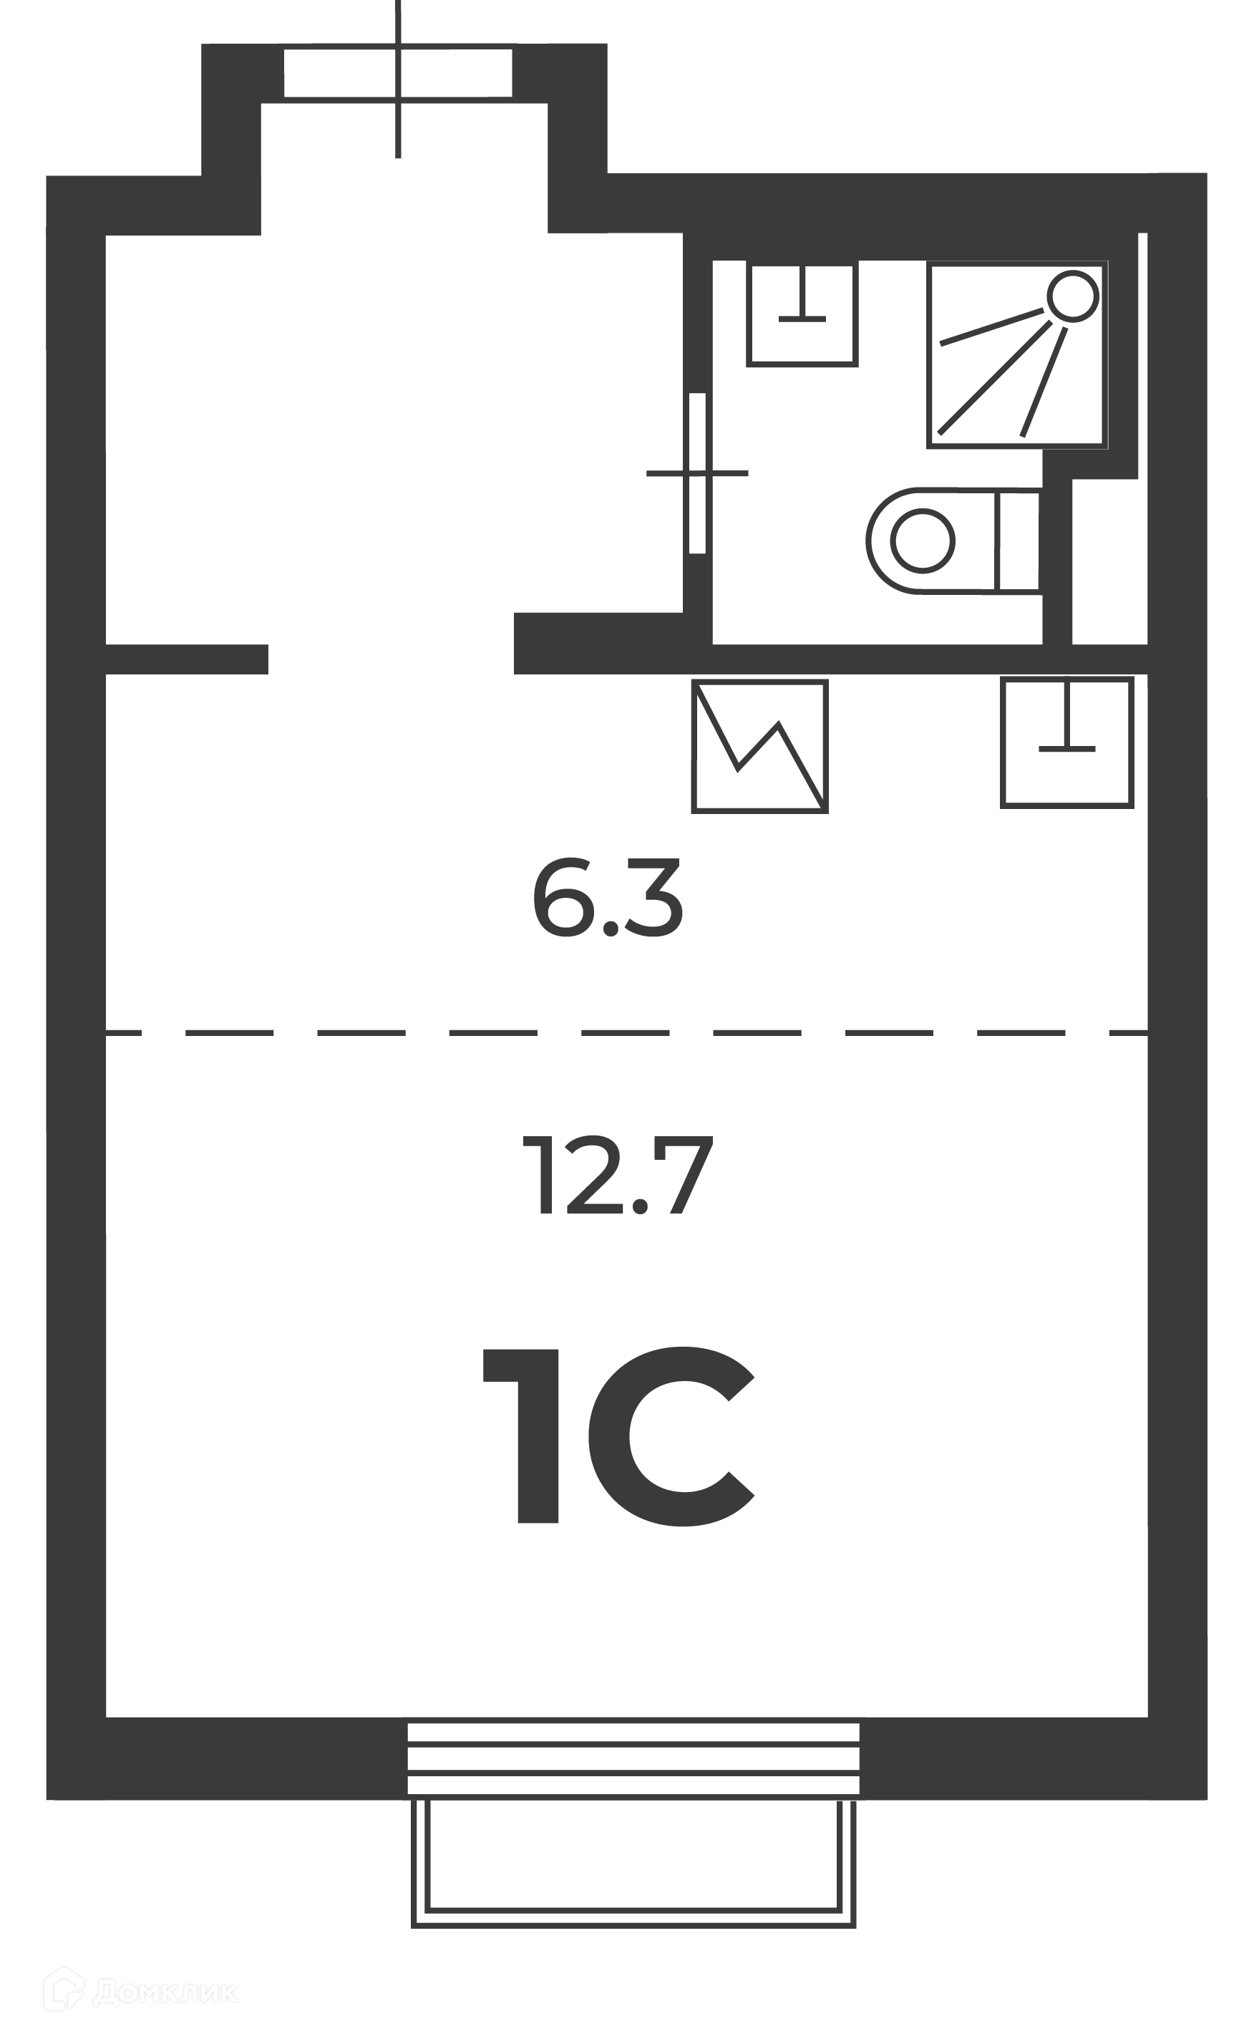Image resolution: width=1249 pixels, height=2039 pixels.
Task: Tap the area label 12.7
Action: coord(617,1175)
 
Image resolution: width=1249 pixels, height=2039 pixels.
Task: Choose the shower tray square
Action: coord(1017,356)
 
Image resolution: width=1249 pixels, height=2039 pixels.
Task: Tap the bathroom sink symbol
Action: coord(802,314)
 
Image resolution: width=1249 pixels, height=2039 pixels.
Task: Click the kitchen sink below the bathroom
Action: coord(1067,742)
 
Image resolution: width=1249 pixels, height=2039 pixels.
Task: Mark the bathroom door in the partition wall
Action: coord(697,473)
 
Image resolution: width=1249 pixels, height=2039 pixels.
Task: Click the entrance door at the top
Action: coord(398,74)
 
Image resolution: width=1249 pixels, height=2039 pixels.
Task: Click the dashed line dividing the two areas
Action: coord(626,1032)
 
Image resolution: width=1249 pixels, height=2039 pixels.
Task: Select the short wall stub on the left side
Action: coord(187,659)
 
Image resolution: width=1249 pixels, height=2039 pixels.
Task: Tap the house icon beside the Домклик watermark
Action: coord(64,1990)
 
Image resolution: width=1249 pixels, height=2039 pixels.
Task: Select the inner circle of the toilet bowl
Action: coord(923,541)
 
